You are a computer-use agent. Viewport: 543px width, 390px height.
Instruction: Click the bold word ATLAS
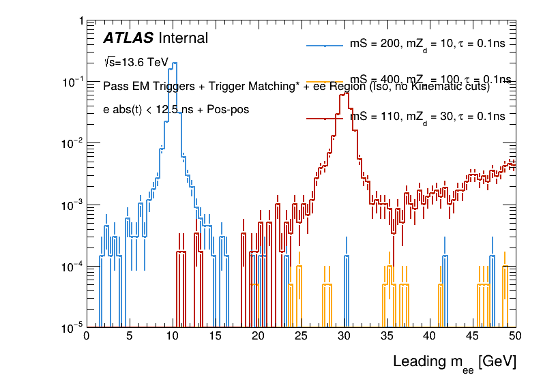pos(128,39)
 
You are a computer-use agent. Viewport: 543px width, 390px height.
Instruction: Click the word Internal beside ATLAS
pos(183,39)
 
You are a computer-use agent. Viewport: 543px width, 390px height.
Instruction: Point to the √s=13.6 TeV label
pos(136,62)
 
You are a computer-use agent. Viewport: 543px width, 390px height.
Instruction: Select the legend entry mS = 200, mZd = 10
pos(427,46)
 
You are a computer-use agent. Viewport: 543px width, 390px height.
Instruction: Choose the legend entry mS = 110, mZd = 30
pos(427,117)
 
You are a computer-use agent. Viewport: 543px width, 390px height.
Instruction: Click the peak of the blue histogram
pos(175,63)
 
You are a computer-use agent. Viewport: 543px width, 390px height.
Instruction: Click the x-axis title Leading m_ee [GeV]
pos(454,362)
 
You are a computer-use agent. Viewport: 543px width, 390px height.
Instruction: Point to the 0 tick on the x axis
pos(86,336)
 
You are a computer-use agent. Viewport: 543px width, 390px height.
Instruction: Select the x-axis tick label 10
pos(172,336)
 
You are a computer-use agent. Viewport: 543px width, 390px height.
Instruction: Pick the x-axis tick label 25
pos(301,336)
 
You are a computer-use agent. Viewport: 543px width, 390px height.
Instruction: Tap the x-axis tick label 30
pos(344,336)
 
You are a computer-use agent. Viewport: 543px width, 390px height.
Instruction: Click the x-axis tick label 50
pos(515,336)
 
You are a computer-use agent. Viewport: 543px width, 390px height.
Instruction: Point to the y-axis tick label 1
pos(81,21)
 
